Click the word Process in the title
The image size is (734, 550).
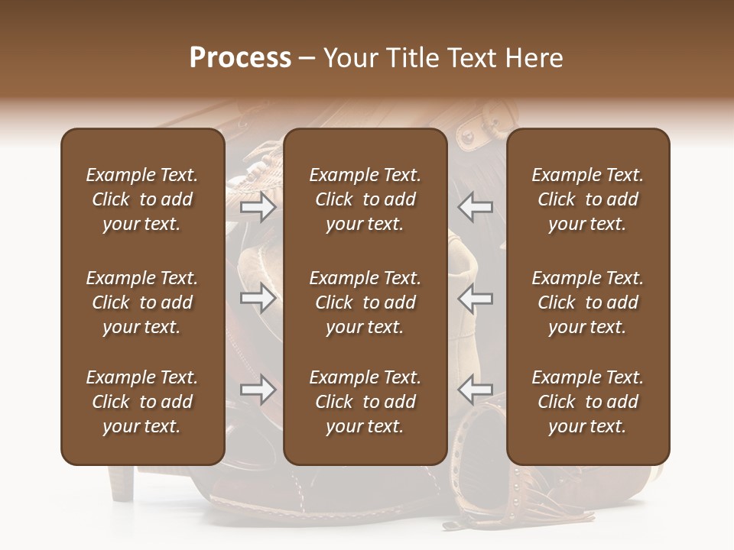[x=240, y=58]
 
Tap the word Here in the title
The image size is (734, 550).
[x=534, y=58]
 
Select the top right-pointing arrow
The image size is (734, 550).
[x=258, y=207]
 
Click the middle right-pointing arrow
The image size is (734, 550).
[x=258, y=298]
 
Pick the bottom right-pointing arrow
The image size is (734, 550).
[x=258, y=390]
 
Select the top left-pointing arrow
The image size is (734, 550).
[x=475, y=207]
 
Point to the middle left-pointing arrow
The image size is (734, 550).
[x=475, y=298]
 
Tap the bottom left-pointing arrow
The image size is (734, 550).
[x=475, y=390]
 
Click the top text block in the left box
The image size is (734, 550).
[x=142, y=199]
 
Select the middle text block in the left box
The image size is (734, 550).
[x=142, y=302]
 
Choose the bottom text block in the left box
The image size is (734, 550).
[x=142, y=402]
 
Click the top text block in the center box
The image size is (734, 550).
[x=365, y=199]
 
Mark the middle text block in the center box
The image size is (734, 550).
[x=365, y=302]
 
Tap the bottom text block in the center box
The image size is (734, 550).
[x=365, y=402]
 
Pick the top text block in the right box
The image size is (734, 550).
[x=587, y=199]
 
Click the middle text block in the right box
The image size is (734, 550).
[x=587, y=302]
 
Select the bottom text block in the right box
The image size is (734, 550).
[x=587, y=402]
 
